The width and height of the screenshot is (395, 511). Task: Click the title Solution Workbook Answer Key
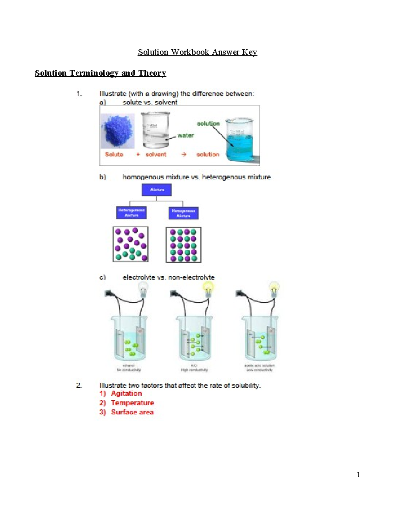tap(197, 52)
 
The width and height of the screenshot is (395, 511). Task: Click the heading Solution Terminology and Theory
tap(100, 73)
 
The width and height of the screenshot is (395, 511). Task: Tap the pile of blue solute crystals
tap(118, 131)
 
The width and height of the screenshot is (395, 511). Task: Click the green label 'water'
tap(185, 135)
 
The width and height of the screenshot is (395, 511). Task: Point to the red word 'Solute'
tap(114, 154)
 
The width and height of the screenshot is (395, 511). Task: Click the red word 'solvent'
tap(156, 154)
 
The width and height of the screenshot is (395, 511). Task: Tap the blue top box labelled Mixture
tap(157, 190)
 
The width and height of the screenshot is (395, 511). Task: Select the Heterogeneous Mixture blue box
tap(131, 213)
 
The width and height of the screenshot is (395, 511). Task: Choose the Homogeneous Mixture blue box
tap(183, 213)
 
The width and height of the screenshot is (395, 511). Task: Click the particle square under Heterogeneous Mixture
tap(131, 244)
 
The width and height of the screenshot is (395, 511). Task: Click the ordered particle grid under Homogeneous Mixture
tap(183, 245)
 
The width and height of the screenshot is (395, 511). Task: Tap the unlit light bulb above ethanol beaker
tap(143, 289)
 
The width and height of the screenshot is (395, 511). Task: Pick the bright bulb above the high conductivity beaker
tap(208, 289)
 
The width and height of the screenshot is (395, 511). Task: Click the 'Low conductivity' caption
tap(259, 370)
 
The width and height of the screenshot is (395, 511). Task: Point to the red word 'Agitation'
tap(126, 394)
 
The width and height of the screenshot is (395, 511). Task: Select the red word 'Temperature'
tap(132, 403)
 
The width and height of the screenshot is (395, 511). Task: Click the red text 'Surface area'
tap(132, 412)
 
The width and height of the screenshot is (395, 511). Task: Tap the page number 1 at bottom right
tap(358, 474)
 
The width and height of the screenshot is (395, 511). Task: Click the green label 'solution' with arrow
tap(208, 123)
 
